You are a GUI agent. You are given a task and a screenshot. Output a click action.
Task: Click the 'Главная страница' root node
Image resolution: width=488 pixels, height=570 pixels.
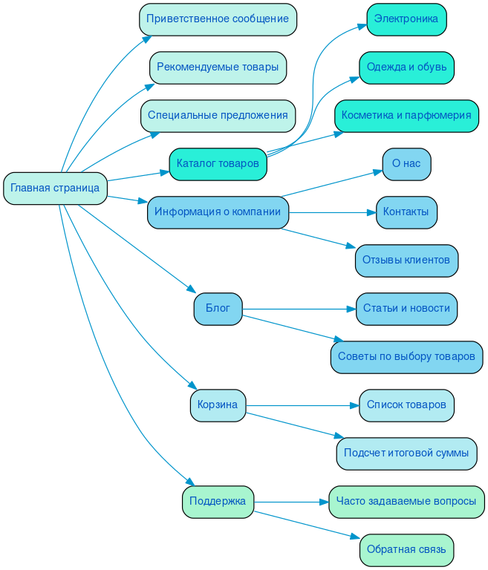click(55, 188)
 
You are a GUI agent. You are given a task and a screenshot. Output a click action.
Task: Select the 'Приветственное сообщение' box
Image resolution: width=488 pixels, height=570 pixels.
click(218, 19)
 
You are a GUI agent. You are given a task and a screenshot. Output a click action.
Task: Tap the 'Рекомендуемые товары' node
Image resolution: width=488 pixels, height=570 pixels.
click(218, 68)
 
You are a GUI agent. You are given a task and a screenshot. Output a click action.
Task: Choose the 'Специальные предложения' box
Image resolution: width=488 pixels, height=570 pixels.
click(218, 116)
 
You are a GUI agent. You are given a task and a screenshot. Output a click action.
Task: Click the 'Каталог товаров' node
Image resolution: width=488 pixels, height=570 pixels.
click(218, 164)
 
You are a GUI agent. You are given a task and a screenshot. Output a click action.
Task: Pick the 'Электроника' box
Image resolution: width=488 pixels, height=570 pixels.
click(406, 19)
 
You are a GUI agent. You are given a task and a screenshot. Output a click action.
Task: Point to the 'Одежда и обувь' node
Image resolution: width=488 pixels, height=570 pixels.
click(406, 68)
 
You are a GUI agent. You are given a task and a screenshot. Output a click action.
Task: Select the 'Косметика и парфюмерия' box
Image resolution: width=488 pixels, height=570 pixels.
click(406, 116)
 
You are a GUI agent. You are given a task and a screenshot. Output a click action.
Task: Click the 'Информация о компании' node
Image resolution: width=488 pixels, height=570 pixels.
click(218, 212)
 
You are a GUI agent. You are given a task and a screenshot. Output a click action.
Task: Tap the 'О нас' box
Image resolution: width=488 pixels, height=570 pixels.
click(406, 164)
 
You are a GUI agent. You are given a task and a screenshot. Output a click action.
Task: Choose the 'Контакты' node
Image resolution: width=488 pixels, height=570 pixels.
click(406, 212)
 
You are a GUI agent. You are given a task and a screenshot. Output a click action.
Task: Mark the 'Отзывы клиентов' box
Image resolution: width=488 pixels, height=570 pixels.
click(406, 261)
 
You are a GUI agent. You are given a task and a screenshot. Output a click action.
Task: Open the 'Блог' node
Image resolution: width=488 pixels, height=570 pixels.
click(218, 309)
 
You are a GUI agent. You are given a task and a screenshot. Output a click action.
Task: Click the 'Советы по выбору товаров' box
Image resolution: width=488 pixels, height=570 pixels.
click(406, 357)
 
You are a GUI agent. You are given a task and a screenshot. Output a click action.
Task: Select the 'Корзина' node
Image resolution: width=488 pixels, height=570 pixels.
click(218, 405)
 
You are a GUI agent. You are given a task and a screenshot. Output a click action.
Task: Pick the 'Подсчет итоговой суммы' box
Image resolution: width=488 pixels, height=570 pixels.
click(406, 453)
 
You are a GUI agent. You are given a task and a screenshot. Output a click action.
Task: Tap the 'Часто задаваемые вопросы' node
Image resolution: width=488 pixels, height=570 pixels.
click(406, 502)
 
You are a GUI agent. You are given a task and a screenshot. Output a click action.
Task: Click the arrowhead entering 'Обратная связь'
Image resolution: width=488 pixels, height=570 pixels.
click(355, 538)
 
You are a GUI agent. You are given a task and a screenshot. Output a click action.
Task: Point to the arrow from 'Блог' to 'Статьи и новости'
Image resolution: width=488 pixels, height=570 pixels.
click(297, 309)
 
